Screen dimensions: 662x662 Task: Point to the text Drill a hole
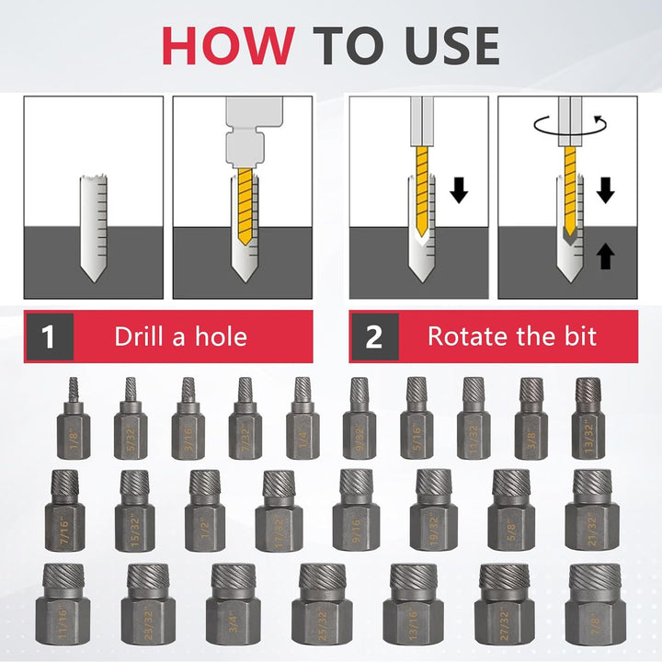pos(180,336)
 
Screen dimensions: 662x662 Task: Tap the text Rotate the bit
pos(512,336)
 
